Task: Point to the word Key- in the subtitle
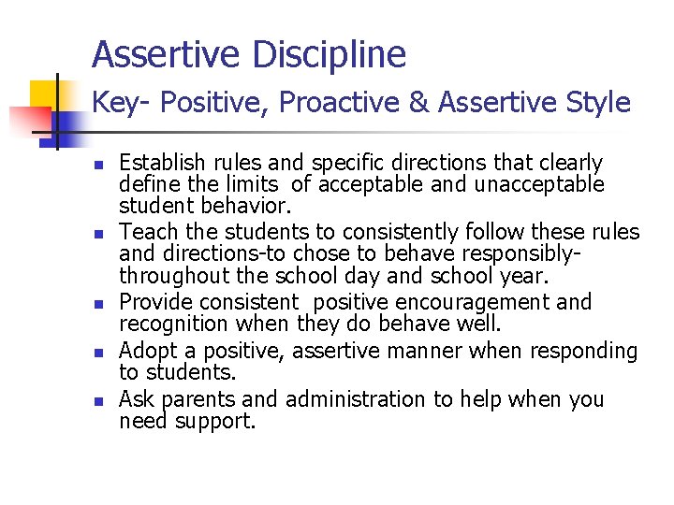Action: tap(115, 102)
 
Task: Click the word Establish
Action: tap(158, 164)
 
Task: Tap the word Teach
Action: tap(145, 231)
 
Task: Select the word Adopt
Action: tap(146, 351)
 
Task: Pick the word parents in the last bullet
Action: tap(198, 399)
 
